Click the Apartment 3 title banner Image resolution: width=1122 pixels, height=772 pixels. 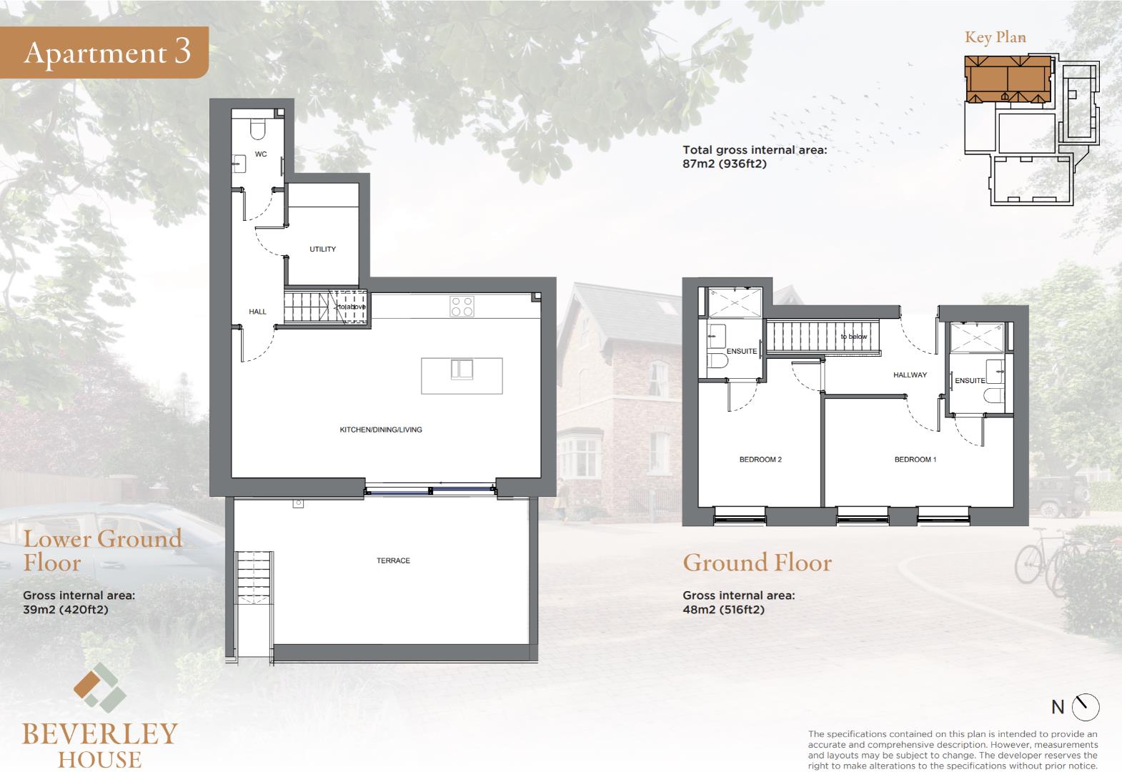coord(104,52)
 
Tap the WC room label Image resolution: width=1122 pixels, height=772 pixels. coord(260,154)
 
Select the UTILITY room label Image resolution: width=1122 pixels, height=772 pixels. coord(322,249)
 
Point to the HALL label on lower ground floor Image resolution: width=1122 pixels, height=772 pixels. coord(257,312)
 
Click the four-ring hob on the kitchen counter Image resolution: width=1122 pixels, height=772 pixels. coord(462,307)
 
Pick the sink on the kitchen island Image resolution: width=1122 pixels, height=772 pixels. coord(462,370)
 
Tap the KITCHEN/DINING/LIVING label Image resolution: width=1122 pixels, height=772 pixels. coord(381,430)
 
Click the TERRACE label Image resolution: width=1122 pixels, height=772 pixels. coord(393,560)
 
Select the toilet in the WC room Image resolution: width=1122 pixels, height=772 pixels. coord(257,129)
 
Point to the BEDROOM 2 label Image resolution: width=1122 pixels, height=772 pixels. coord(760,460)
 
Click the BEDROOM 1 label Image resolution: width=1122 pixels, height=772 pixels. coord(915,460)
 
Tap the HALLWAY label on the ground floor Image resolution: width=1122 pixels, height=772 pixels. coord(910,375)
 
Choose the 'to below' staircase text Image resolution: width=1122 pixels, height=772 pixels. coord(853,337)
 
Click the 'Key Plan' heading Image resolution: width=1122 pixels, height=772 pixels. coord(996,38)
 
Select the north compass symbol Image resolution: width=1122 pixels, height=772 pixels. coord(1086,707)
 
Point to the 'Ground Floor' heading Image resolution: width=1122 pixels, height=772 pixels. coord(758,563)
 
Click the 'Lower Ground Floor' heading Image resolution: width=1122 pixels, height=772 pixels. coord(103,550)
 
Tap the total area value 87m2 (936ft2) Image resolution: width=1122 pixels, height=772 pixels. coord(724,164)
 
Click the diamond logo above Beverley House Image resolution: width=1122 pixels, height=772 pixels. coord(100,688)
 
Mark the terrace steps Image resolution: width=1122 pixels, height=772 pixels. coord(255,578)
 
